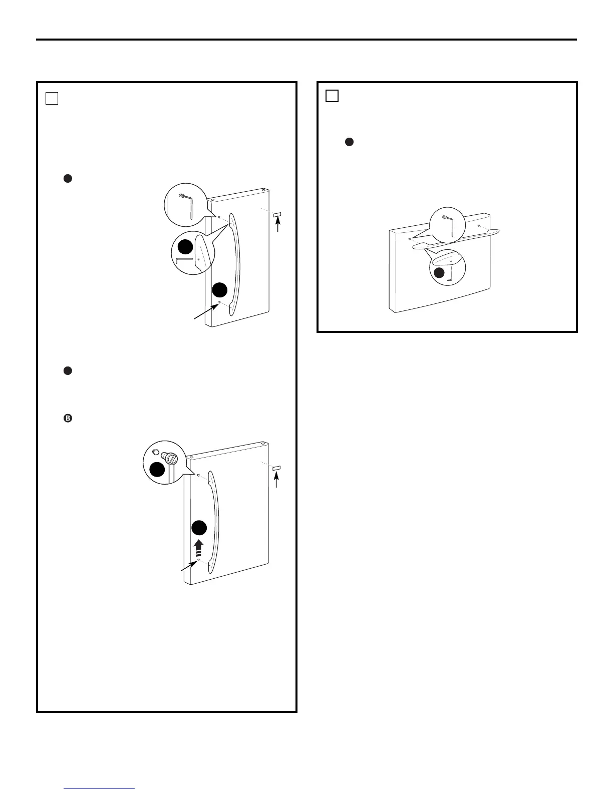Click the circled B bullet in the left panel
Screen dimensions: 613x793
click(68, 419)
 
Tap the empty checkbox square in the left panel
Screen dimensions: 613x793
click(52, 98)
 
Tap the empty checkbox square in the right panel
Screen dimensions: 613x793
click(332, 95)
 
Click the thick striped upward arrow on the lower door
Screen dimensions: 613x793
click(199, 548)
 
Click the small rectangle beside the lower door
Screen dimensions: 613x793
click(276, 468)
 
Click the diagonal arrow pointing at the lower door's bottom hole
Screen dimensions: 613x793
click(190, 565)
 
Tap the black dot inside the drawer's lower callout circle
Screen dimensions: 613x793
click(439, 273)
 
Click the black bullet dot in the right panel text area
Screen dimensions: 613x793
click(350, 142)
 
